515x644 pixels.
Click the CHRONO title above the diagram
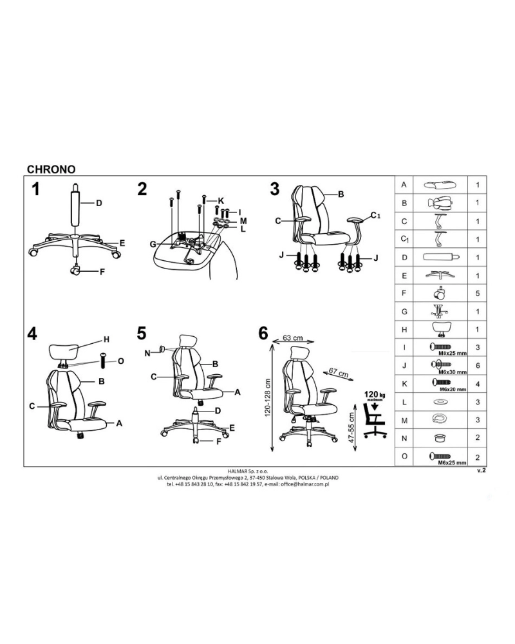tap(51, 169)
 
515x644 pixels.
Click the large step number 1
tap(36, 190)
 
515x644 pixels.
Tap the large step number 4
tap(32, 334)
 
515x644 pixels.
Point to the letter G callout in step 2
tap(153, 244)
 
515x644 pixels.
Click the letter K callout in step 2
tap(221, 201)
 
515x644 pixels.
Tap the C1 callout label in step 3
tap(376, 215)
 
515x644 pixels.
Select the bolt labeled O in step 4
tap(102, 361)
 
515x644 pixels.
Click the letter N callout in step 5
tap(147, 353)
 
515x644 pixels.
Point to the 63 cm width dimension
tap(293, 338)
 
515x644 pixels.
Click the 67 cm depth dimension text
tap(339, 374)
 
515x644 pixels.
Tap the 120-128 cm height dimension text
tap(267, 397)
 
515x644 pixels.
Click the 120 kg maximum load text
tap(375, 395)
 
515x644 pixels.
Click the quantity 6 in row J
tap(478, 366)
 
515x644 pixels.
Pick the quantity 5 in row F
tap(478, 293)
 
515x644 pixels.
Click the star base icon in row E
tap(440, 275)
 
